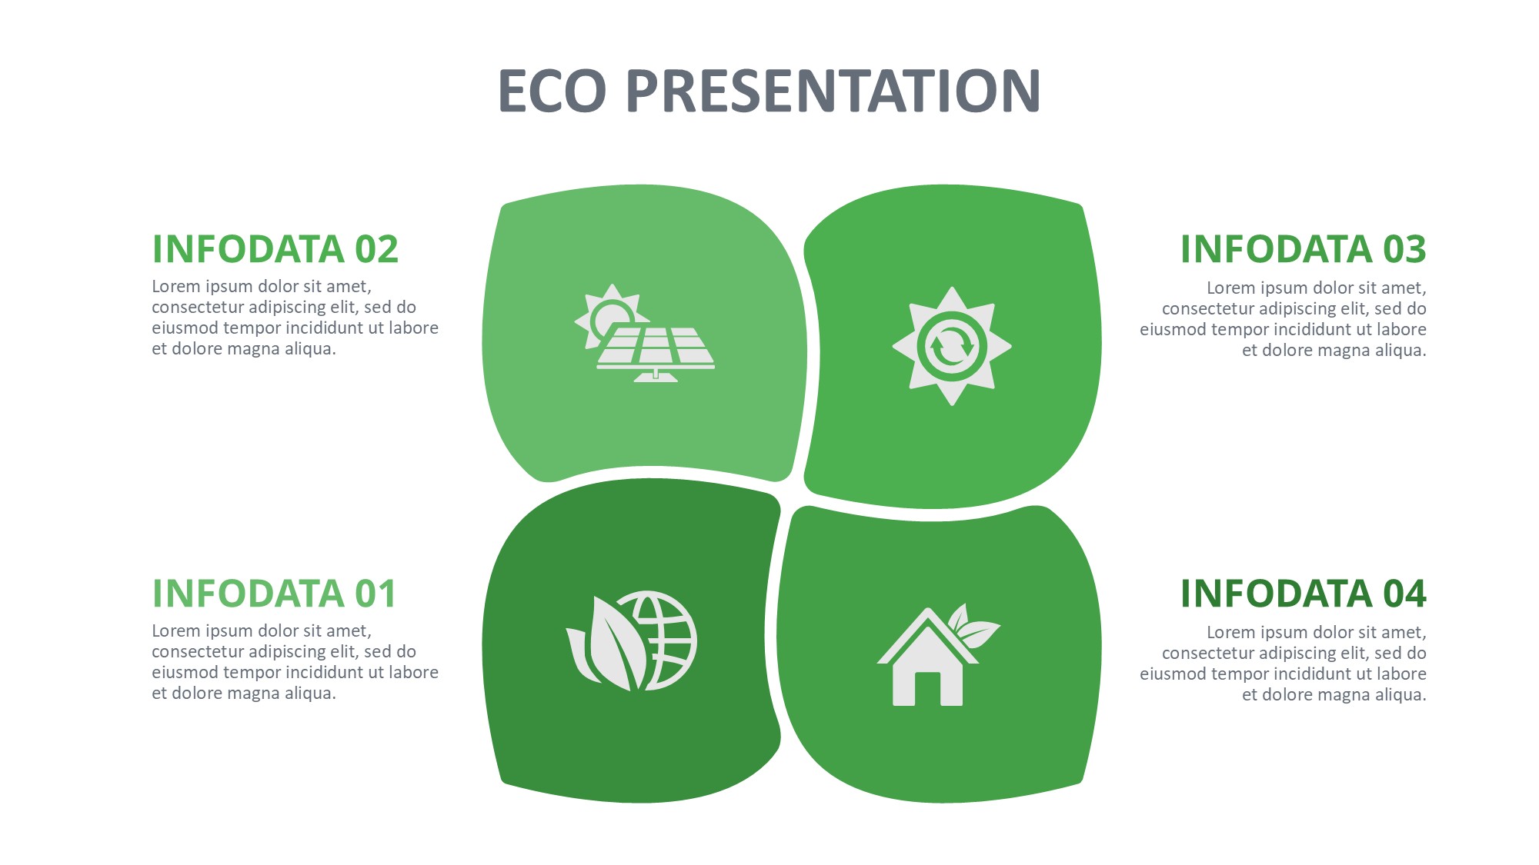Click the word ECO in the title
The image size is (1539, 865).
[553, 91]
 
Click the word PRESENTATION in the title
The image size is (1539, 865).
[834, 91]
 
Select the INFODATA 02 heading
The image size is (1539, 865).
[275, 249]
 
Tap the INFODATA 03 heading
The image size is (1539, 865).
[1304, 249]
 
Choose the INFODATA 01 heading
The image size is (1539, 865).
[274, 594]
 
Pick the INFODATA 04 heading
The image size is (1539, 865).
[1304, 594]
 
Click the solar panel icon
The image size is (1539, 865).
[645, 333]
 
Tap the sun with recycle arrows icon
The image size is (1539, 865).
[952, 346]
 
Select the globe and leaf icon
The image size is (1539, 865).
[632, 640]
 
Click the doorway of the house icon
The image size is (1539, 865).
[928, 689]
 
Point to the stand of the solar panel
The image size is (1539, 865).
[656, 376]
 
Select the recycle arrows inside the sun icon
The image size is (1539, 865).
[952, 347]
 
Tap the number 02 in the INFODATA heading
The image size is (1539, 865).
[376, 249]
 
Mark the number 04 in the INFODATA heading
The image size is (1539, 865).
[1405, 594]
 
